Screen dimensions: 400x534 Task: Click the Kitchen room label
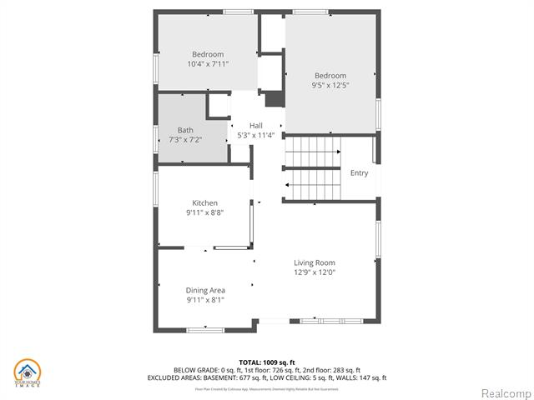coord(205,202)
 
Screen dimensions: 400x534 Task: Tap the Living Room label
coord(314,262)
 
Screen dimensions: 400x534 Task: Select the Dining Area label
coord(205,290)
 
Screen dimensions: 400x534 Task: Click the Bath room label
coord(185,130)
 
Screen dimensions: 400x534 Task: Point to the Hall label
coord(256,125)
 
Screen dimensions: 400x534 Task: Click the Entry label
coord(359,173)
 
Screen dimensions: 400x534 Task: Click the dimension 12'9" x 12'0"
coord(314,272)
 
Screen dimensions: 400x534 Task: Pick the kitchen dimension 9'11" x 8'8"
coord(205,212)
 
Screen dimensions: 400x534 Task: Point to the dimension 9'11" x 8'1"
coord(205,300)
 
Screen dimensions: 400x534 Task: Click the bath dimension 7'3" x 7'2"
coord(185,140)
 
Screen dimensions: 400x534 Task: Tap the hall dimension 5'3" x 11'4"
coord(256,135)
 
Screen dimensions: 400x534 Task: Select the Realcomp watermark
coord(504,392)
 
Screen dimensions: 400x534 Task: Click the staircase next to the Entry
coord(313,170)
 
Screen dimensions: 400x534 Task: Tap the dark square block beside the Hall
coord(275,98)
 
